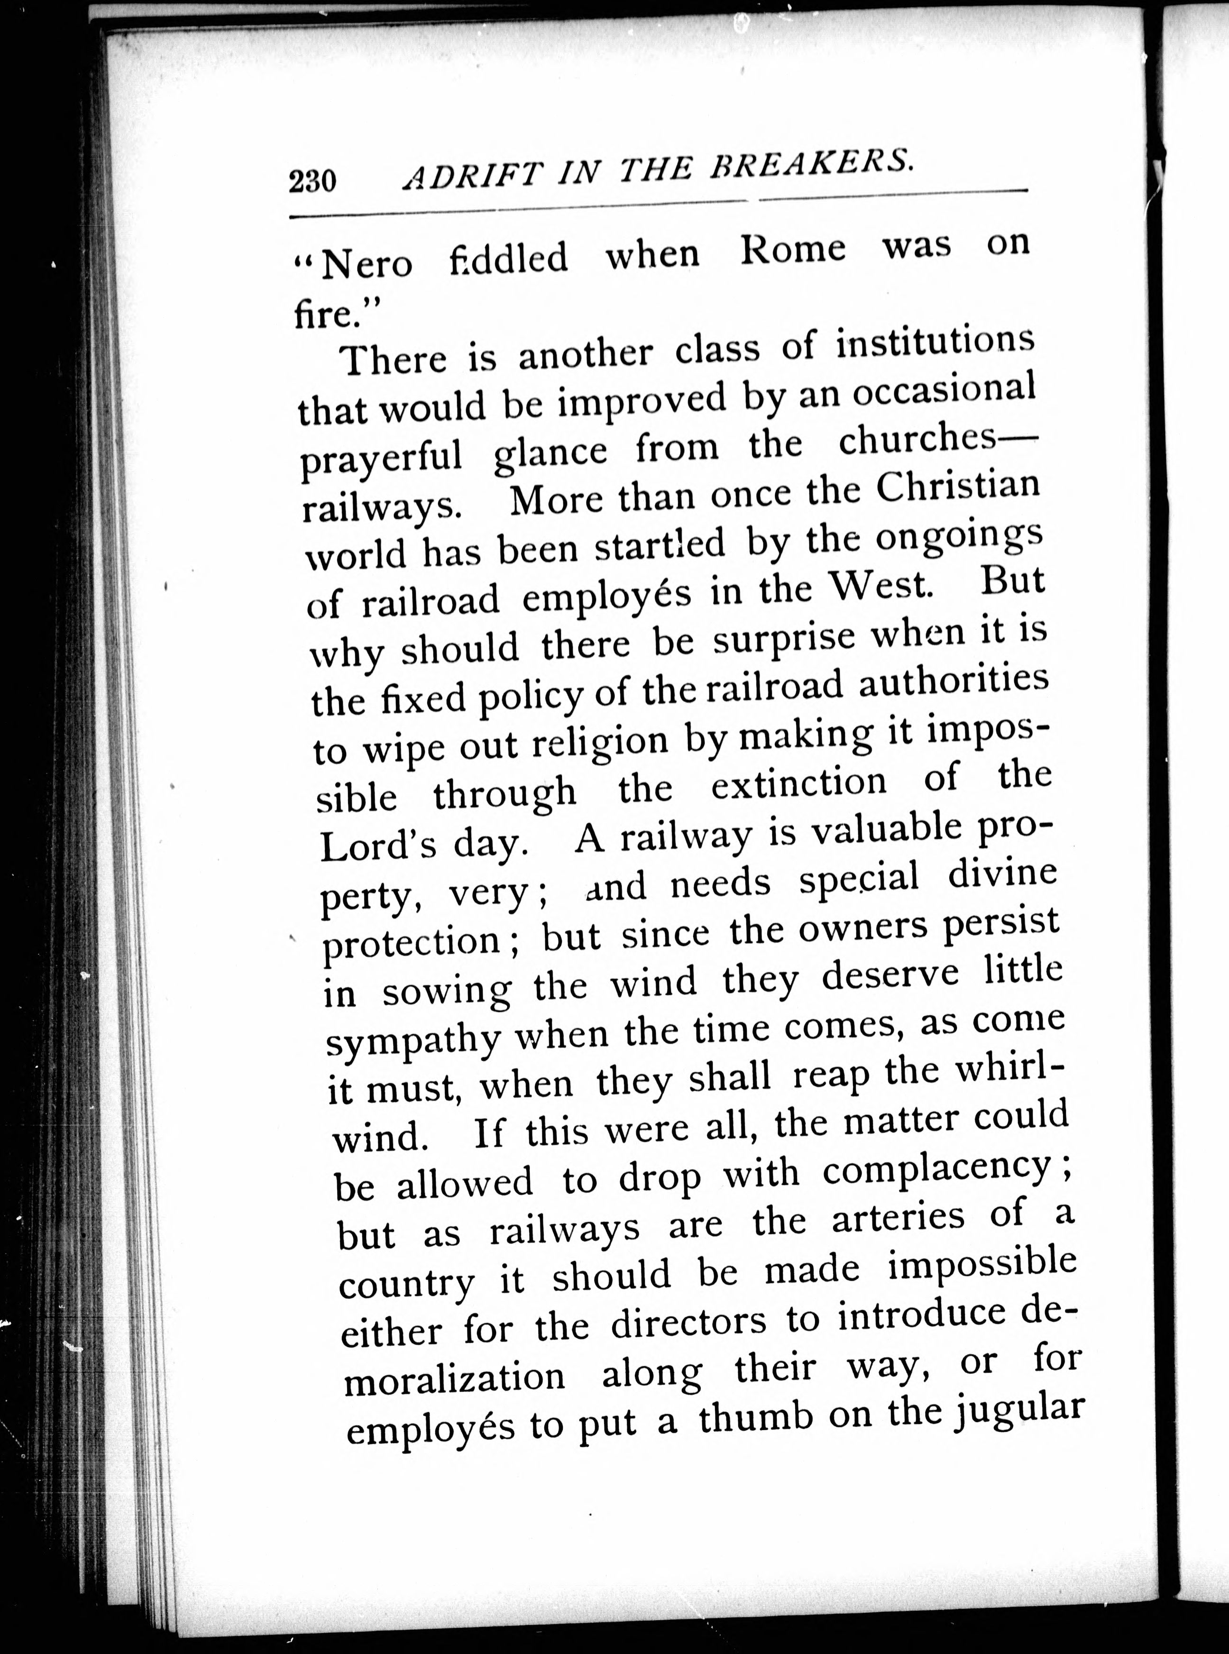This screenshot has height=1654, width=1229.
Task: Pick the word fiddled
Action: pos(508,258)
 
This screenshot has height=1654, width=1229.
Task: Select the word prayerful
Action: pos(382,459)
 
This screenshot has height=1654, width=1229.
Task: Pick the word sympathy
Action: pos(412,1042)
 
